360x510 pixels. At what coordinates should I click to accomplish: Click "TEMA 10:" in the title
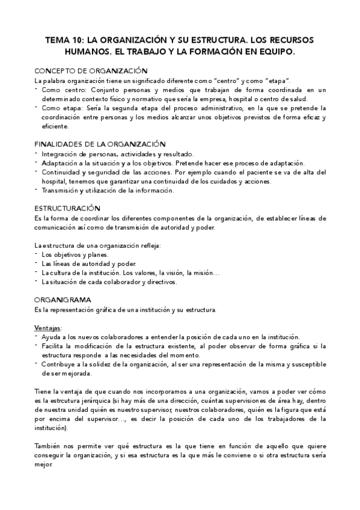[64, 40]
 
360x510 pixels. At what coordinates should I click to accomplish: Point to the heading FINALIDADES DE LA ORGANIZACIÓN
[100, 145]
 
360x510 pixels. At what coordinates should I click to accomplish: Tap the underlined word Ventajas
[48, 328]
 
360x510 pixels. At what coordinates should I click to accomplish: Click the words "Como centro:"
[59, 90]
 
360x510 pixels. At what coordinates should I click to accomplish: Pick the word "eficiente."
[55, 127]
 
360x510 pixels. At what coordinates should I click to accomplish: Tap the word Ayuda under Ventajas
[51, 337]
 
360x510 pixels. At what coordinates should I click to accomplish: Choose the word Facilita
[54, 346]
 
